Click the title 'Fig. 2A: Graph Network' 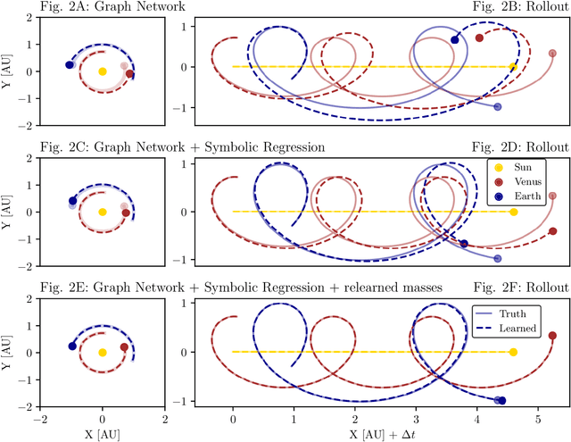pyautogui.click(x=95, y=8)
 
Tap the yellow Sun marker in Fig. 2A pyautogui.click(x=103, y=71)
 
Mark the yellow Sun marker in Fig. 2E pyautogui.click(x=103, y=352)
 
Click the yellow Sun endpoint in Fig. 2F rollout pyautogui.click(x=513, y=352)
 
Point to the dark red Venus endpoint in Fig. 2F pyautogui.click(x=552, y=336)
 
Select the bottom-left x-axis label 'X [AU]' pyautogui.click(x=102, y=433)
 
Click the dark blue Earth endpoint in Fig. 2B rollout pyautogui.click(x=455, y=40)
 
